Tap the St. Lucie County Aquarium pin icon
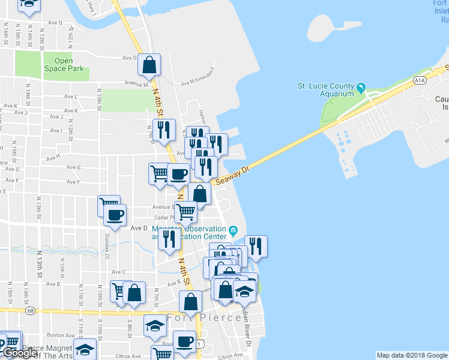(361, 88)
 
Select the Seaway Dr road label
(231, 176)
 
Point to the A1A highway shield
(419, 80)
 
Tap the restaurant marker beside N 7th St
(163, 130)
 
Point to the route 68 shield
(31, 310)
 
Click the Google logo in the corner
(20, 353)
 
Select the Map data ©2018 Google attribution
(412, 355)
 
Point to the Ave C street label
(118, 272)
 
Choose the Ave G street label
(73, 167)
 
